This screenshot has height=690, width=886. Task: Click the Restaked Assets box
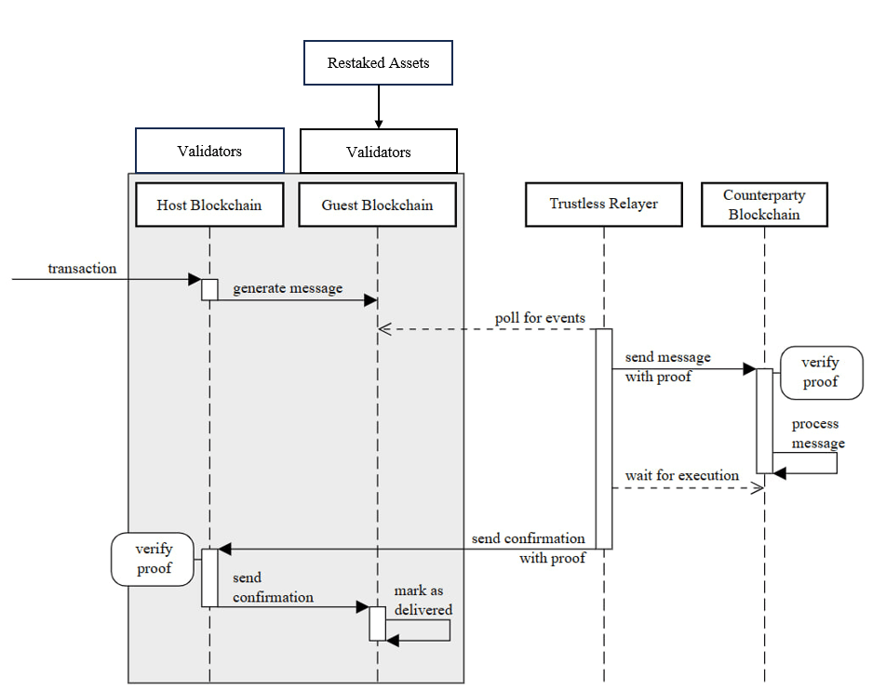click(378, 64)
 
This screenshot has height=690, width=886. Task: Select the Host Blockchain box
click(209, 206)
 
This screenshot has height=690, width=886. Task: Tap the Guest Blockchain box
click(378, 206)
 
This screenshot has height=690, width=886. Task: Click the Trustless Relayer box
click(604, 205)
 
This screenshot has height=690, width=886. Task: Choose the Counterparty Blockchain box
click(764, 205)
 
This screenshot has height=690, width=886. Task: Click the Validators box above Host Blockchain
click(209, 151)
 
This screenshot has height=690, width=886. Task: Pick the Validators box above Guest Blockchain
click(378, 152)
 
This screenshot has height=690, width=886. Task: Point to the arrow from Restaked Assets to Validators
click(378, 108)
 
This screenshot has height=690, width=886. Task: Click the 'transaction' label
click(83, 269)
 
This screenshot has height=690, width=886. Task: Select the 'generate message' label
click(288, 288)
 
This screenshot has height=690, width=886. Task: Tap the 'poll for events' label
click(540, 318)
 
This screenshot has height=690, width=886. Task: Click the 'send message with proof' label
click(667, 367)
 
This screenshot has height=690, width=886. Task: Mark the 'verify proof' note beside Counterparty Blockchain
click(819, 372)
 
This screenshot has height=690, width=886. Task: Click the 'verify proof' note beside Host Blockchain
click(154, 559)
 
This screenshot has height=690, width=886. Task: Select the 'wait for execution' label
click(682, 475)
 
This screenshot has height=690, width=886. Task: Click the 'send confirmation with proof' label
click(529, 548)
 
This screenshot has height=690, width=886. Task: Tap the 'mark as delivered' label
click(423, 601)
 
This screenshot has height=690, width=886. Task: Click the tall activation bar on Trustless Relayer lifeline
click(604, 438)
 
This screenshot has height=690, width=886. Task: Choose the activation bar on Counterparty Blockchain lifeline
click(763, 420)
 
